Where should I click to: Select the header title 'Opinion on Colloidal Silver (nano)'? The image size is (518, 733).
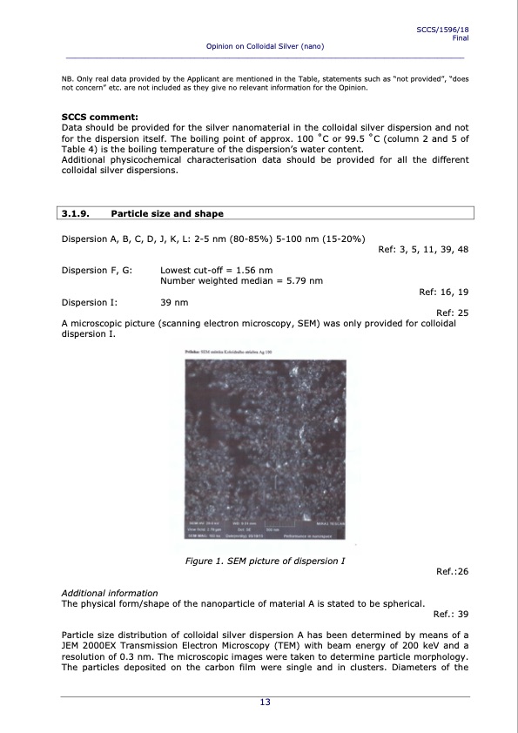click(x=265, y=45)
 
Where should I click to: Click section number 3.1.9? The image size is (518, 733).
click(x=76, y=213)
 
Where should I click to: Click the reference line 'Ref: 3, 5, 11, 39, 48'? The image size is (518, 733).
click(x=424, y=250)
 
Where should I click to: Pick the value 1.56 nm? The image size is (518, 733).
click(x=254, y=271)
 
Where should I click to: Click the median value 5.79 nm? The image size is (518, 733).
click(x=305, y=281)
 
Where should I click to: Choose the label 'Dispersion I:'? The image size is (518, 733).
click(x=91, y=302)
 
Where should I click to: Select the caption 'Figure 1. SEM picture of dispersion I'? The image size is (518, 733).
click(x=266, y=561)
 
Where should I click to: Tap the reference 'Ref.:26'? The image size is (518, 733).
click(x=451, y=572)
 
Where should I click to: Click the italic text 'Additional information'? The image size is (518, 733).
click(x=109, y=593)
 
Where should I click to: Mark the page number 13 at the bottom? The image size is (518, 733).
click(x=265, y=703)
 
